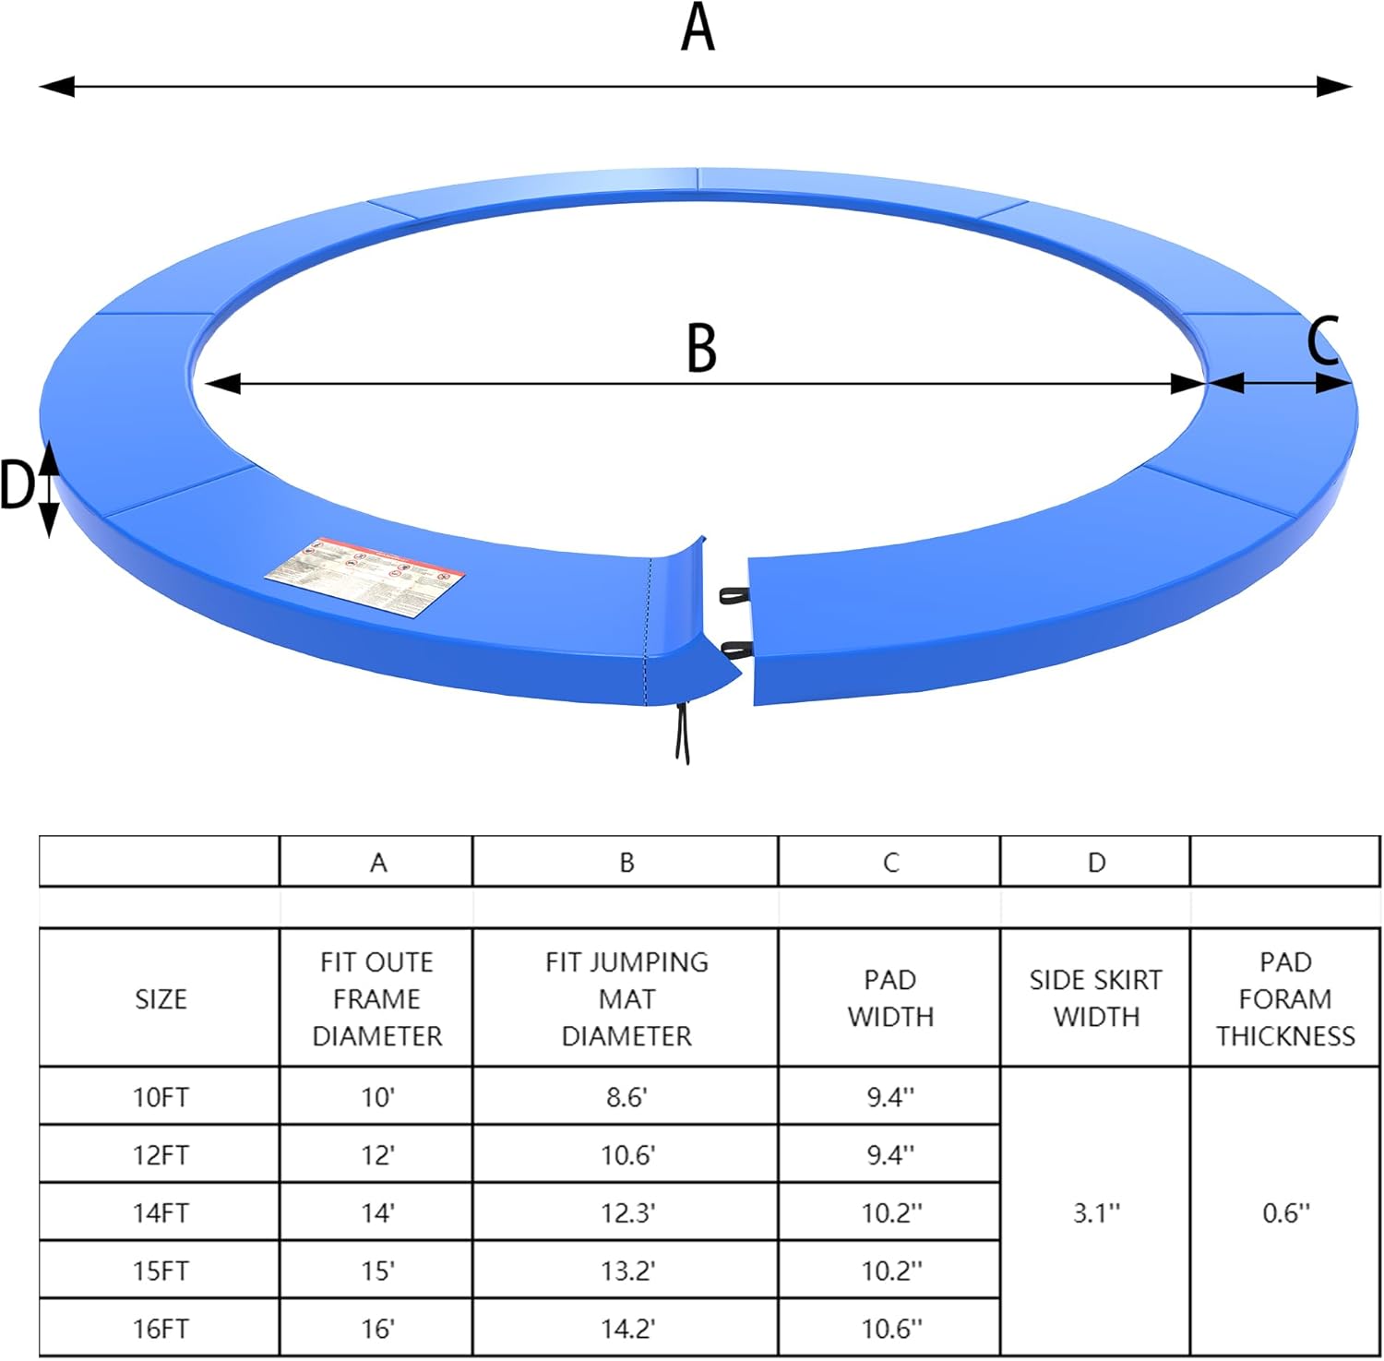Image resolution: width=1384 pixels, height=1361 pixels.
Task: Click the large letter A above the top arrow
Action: [x=698, y=28]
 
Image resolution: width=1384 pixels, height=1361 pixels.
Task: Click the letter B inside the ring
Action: [x=701, y=348]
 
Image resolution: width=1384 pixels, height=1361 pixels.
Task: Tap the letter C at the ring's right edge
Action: [x=1323, y=340]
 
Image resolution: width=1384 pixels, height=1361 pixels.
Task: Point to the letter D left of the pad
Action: [x=18, y=485]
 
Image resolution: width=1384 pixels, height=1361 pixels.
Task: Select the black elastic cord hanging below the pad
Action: [x=682, y=732]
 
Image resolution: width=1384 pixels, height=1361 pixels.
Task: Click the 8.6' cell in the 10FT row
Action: [x=626, y=1097]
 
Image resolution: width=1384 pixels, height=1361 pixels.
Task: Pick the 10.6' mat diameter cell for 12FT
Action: [x=627, y=1154]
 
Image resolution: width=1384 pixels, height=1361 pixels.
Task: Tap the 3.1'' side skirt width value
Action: [x=1096, y=1212]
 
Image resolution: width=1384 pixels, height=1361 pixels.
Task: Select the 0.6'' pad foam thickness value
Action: [x=1285, y=1212]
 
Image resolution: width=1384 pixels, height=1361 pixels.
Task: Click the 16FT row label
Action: [x=161, y=1329]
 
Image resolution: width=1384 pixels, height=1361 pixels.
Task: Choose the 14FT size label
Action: [x=161, y=1212]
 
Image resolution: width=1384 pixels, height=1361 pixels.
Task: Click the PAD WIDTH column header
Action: [x=890, y=998]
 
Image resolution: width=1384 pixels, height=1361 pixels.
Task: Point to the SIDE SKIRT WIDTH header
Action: [x=1096, y=998]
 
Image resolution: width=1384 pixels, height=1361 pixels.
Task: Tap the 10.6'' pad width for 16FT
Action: [x=891, y=1329]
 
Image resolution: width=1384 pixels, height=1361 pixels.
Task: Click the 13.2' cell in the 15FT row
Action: [x=627, y=1271]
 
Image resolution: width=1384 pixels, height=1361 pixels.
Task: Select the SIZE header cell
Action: [x=161, y=999]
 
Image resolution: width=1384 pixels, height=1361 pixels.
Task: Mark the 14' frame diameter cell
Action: [x=377, y=1212]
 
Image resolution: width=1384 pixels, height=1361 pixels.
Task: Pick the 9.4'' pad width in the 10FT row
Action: [x=890, y=1097]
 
